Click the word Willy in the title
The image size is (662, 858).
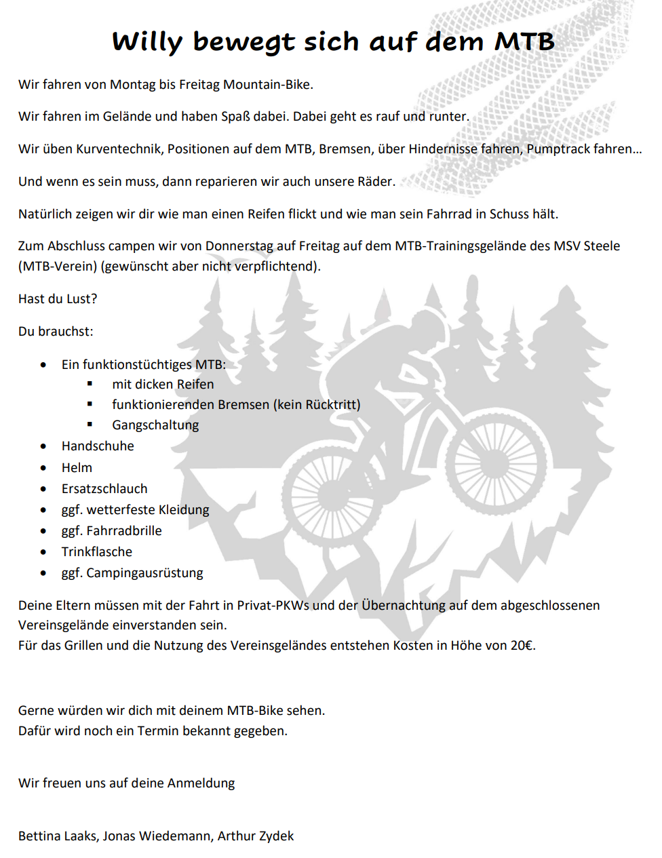pos(148,42)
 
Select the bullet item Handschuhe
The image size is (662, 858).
pos(98,446)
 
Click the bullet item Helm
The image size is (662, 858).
pos(77,467)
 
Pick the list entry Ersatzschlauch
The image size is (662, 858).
pos(104,488)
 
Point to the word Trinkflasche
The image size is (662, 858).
pos(97,551)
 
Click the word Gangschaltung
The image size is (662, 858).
pos(155,425)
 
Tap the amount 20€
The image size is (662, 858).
pos(522,645)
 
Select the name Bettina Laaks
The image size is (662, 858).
pos(58,836)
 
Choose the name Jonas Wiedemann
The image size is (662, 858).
pos(157,836)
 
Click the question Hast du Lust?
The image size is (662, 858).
pos(58,298)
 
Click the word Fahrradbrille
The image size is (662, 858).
pos(124,530)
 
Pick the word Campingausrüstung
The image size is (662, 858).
pos(144,572)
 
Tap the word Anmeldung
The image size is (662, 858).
pos(201,783)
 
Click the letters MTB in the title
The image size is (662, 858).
pos(524,42)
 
